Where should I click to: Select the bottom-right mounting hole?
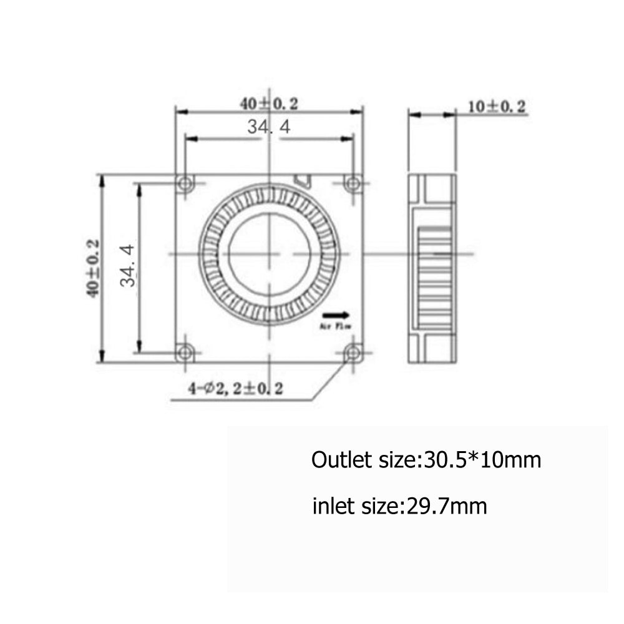pos(353,353)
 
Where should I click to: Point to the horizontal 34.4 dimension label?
pos(269,127)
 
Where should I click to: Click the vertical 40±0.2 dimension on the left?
pos(94,268)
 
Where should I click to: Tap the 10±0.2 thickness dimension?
pos(497,107)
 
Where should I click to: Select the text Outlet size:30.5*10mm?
pos(426,461)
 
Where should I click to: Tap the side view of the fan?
pos(432,268)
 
